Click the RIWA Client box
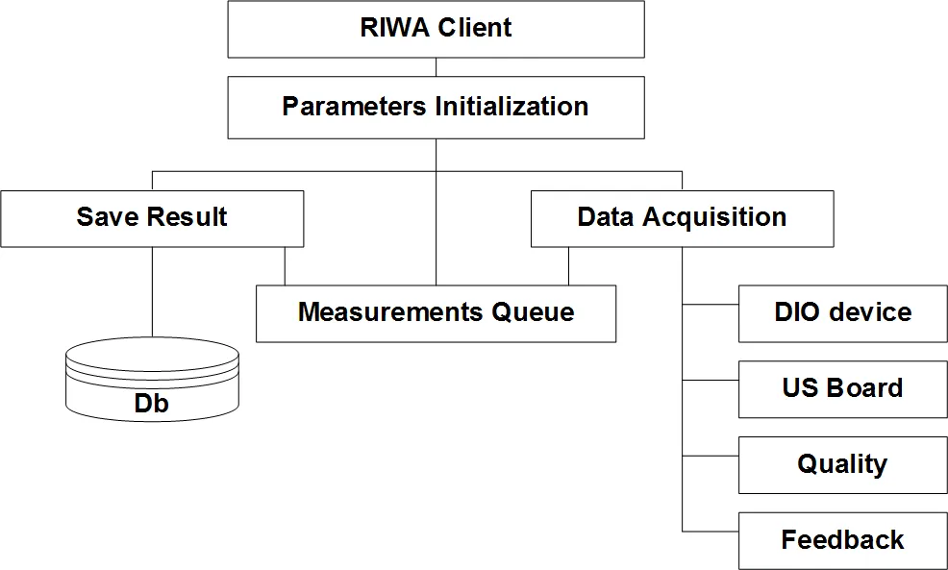pos(436,28)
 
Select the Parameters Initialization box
pos(436,107)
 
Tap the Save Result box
pos(152,217)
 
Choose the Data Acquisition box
pos(682,217)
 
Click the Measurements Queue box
pos(436,312)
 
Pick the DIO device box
pos(842,312)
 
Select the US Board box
pos(842,388)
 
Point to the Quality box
pos(842,464)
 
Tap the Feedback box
pos(842,540)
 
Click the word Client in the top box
pos(475,28)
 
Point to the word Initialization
pos(511,107)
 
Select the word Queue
pos(533,312)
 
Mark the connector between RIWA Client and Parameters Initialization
pos(436,66)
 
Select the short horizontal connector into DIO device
pos(711,305)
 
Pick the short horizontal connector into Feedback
pos(711,532)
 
